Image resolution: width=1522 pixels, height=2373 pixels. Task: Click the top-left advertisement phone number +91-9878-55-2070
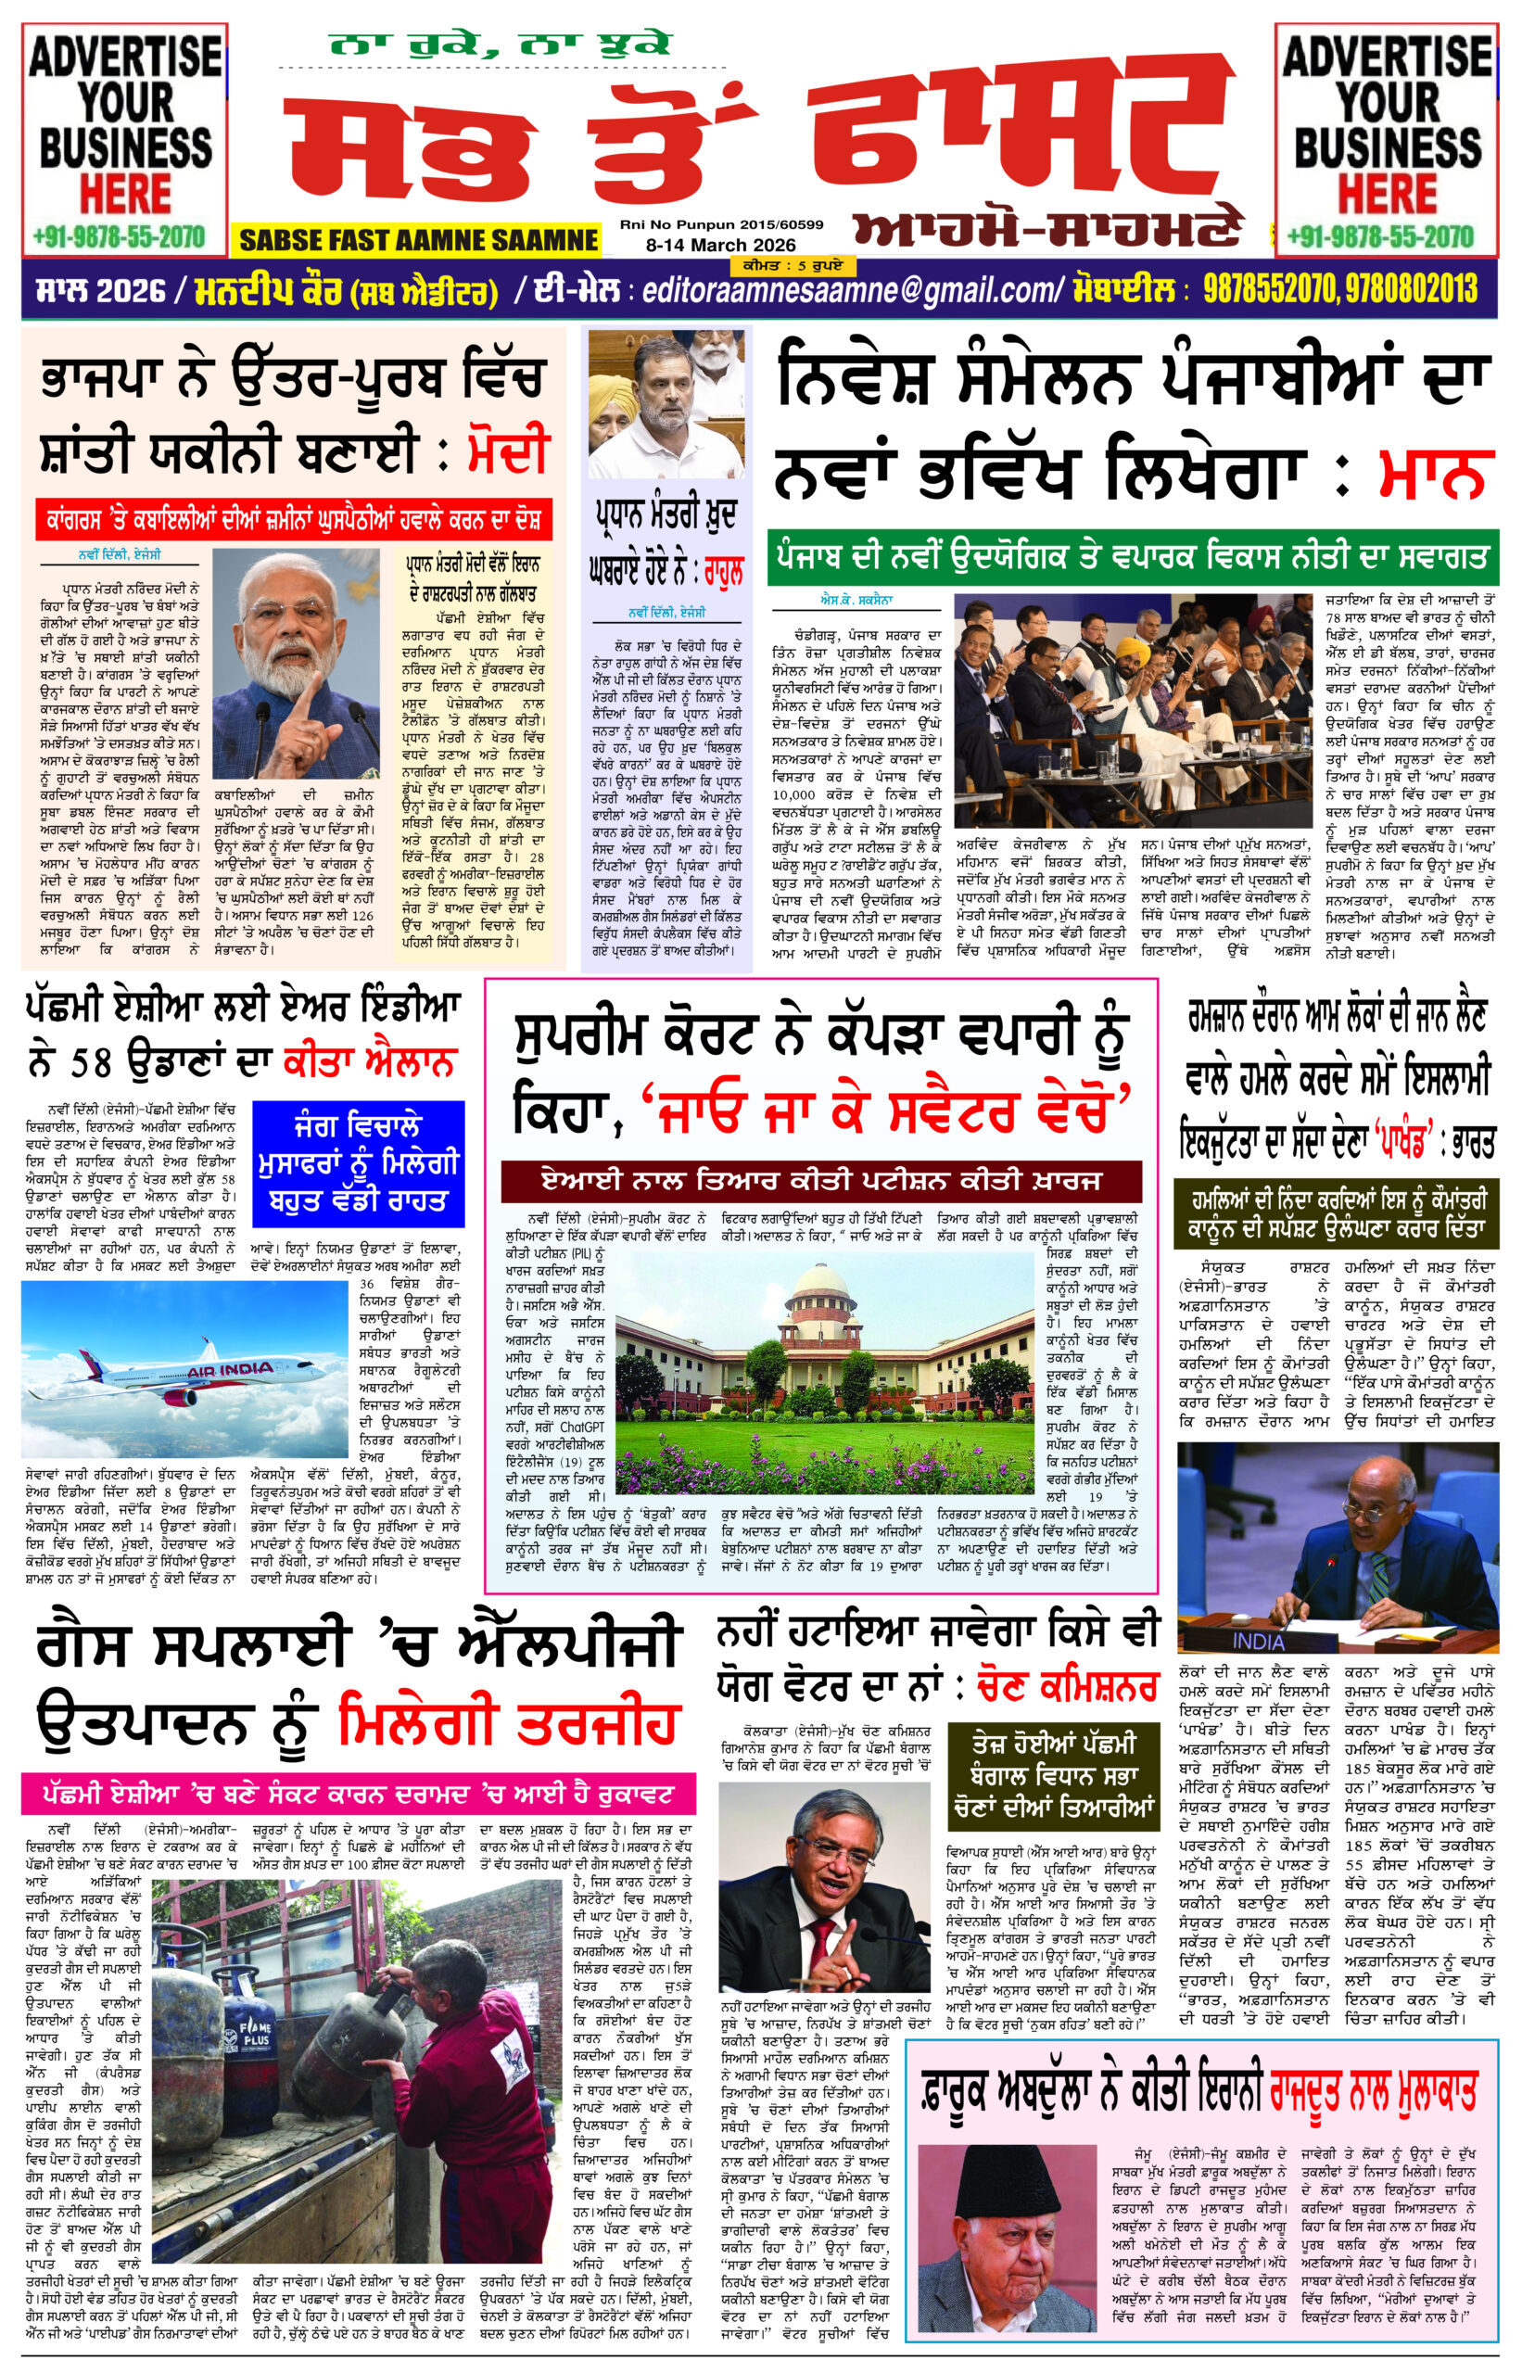point(119,237)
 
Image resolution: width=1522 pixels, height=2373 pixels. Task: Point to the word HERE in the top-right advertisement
point(1388,192)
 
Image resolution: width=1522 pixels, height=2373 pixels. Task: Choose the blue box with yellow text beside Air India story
point(358,1161)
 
